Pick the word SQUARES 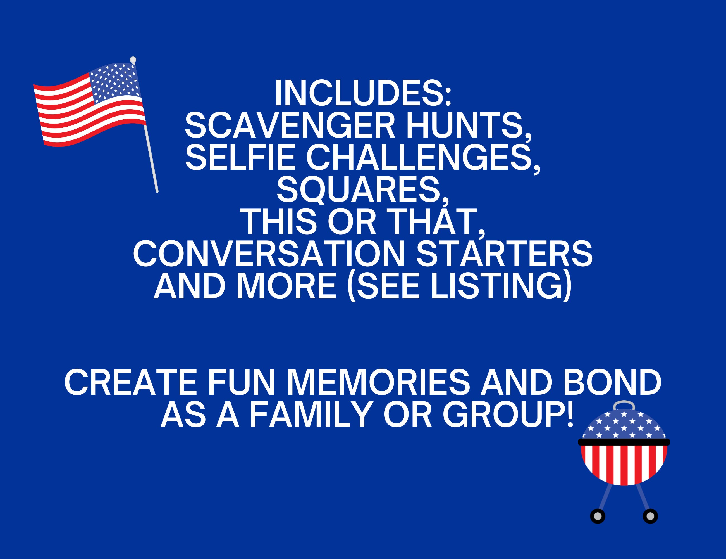(x=362, y=190)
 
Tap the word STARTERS (x=504, y=255)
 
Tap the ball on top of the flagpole (x=133, y=60)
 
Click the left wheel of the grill (x=597, y=516)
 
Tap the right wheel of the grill (x=651, y=516)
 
